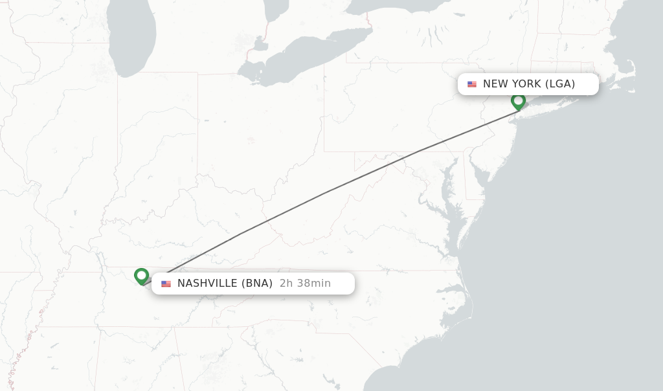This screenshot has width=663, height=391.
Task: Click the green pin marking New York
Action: pyautogui.click(x=518, y=101)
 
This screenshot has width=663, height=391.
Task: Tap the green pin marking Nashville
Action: pyautogui.click(x=141, y=276)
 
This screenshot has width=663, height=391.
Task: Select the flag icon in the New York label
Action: pyautogui.click(x=472, y=84)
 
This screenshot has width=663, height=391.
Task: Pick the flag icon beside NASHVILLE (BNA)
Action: pyautogui.click(x=166, y=284)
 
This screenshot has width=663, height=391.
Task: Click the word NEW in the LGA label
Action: pyautogui.click(x=495, y=84)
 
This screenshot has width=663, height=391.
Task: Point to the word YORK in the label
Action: pyautogui.click(x=526, y=84)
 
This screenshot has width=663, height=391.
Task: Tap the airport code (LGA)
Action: pyautogui.click(x=560, y=84)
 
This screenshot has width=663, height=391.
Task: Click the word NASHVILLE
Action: pyautogui.click(x=207, y=284)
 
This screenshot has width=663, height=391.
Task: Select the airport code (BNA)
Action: pyautogui.click(x=257, y=284)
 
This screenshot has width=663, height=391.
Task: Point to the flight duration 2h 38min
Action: pyautogui.click(x=305, y=284)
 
